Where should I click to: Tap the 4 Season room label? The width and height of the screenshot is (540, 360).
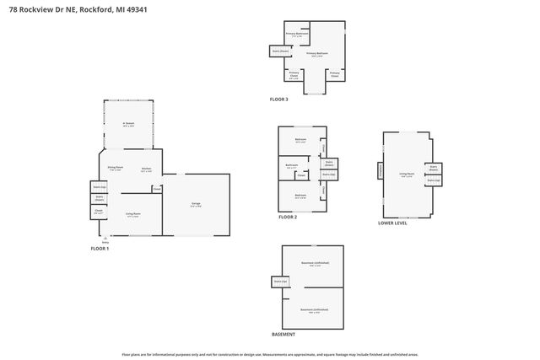tap(128, 123)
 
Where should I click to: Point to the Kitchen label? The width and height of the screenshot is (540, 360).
tap(146, 169)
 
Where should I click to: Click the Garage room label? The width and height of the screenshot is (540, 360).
tap(195, 205)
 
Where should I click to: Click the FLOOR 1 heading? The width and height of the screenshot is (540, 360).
tap(101, 249)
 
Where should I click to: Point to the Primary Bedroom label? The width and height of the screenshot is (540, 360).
tap(316, 54)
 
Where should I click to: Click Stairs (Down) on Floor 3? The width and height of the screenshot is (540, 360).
tap(281, 51)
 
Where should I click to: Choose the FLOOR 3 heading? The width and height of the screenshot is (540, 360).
tap(279, 99)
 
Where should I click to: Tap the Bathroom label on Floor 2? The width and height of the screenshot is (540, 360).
tap(292, 165)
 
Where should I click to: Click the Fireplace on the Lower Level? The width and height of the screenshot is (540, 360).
tap(381, 171)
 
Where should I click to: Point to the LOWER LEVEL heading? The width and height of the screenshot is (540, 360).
tap(393, 223)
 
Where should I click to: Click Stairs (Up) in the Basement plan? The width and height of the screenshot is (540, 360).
tap(280, 281)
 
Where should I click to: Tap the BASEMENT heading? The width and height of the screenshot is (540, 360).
tap(283, 335)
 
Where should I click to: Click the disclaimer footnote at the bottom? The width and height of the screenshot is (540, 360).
tap(270, 355)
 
